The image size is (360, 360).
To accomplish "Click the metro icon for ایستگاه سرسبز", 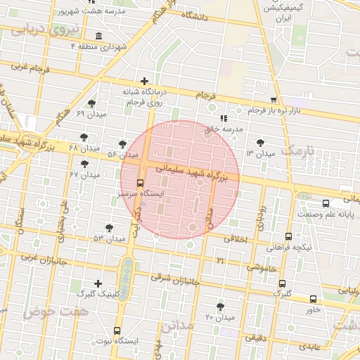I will pos(139,182).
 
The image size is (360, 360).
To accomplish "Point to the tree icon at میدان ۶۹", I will pos(91,103).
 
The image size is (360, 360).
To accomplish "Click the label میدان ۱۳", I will pos(260,153).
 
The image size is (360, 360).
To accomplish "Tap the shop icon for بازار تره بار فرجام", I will pos(274,100).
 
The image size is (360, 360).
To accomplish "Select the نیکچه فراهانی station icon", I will pos(289,238).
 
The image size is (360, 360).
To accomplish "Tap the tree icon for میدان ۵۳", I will pos(108,228).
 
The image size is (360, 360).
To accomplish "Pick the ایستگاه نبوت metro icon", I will pos(117,330).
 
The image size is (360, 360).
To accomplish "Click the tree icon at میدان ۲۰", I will pos(221,307).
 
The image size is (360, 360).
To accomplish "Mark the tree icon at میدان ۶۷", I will pos(85,164).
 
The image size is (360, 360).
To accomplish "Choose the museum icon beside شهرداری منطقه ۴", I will pos(97,36).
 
